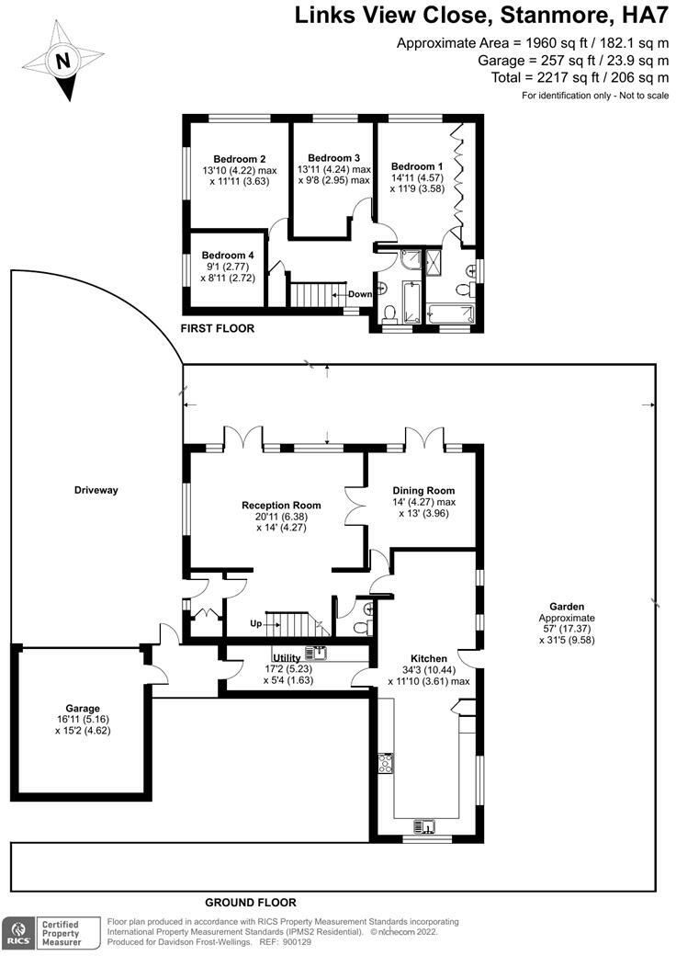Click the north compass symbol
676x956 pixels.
point(62,62)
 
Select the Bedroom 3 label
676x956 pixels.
point(333,157)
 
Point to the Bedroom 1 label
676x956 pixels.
point(417,166)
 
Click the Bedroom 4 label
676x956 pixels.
point(228,255)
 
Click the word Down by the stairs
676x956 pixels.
point(360,294)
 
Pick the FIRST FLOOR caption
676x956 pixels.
point(218,328)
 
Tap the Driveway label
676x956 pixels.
point(96,490)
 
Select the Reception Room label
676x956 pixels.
point(281,506)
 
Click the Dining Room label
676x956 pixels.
point(423,491)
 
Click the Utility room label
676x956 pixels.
point(274,659)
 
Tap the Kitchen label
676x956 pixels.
point(429,659)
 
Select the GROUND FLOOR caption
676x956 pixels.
point(251,903)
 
